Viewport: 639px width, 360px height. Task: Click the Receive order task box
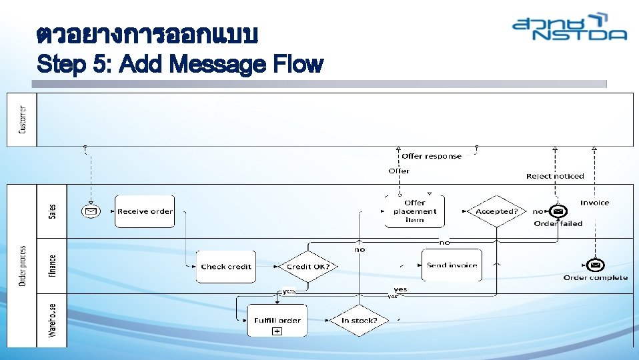point(144,211)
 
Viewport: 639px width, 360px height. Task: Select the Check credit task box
point(226,267)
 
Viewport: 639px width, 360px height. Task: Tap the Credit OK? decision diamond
point(308,267)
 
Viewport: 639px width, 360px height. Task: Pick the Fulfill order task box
point(277,321)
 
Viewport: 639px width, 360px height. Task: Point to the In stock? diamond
point(360,321)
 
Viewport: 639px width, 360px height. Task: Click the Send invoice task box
point(452,265)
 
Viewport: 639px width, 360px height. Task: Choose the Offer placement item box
point(414,211)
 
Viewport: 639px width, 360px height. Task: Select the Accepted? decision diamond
point(497,211)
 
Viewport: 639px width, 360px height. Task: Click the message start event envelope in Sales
point(90,211)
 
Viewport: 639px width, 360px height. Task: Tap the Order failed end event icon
point(558,211)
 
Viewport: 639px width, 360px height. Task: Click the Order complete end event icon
point(595,265)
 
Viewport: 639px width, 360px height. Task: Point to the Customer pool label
point(23,119)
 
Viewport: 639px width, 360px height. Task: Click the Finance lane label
point(53,265)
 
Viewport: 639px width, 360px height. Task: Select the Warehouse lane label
point(53,321)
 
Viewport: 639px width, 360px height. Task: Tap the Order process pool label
point(23,265)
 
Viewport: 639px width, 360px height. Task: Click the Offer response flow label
point(432,156)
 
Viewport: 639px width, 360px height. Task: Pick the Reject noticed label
point(555,176)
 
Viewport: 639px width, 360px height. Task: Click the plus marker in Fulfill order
point(277,331)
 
